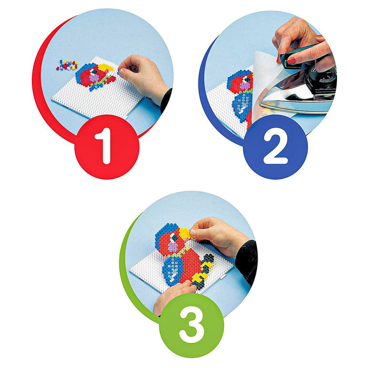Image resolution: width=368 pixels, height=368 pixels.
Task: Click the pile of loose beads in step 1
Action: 67,65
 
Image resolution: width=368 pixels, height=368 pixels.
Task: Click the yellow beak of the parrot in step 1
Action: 106,67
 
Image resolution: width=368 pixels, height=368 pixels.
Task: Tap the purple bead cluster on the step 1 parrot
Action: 94,78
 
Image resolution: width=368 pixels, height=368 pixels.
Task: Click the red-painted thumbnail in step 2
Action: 291,62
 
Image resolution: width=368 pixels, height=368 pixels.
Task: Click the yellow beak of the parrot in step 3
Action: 185,233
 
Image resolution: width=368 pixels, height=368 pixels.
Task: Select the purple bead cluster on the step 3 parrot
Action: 173,247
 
